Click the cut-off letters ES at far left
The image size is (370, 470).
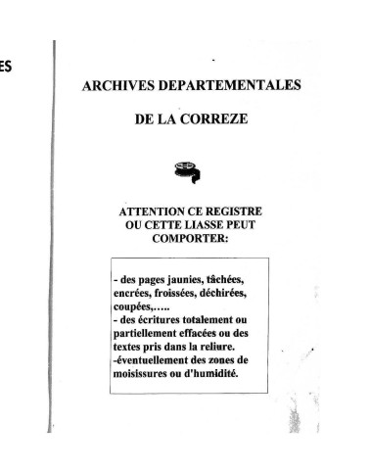6,69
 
